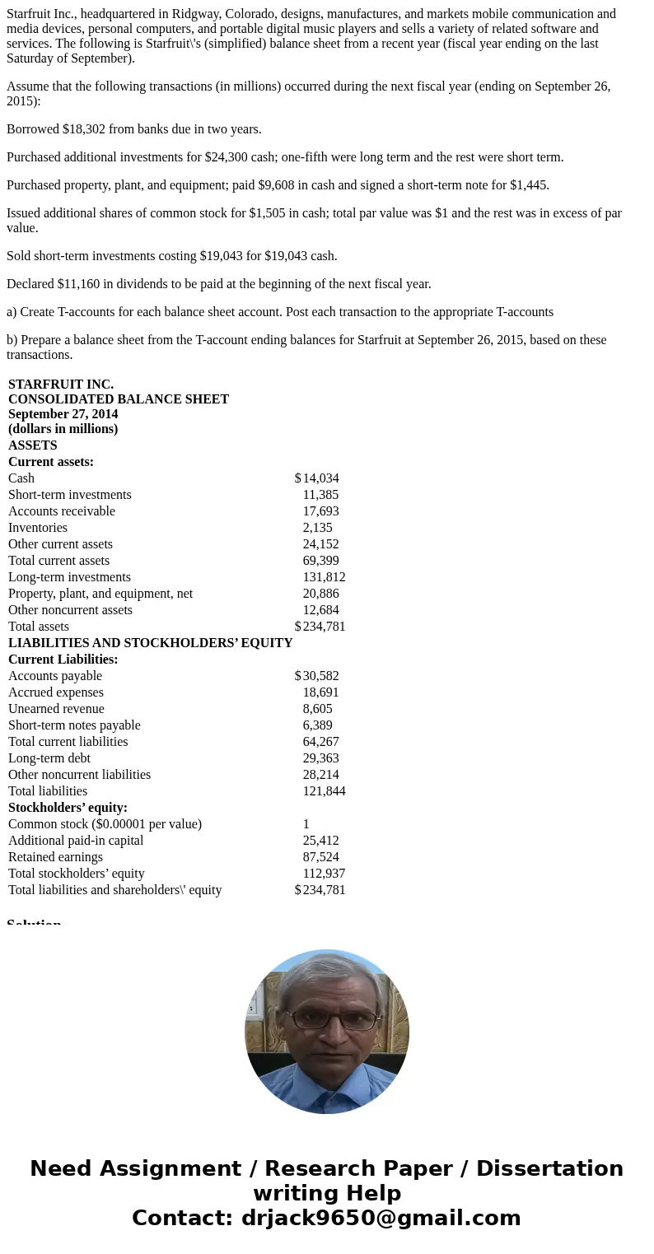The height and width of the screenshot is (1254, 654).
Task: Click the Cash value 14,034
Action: click(x=320, y=478)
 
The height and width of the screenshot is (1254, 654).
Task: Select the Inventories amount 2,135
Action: click(x=317, y=528)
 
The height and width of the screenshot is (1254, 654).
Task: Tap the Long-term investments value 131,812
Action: click(x=324, y=577)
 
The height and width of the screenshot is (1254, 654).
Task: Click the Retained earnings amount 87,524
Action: click(x=320, y=857)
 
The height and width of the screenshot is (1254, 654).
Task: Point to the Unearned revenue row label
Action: click(x=56, y=709)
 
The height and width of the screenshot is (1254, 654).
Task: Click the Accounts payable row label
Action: click(x=55, y=676)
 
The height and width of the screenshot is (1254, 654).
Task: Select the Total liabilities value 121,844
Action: click(x=324, y=791)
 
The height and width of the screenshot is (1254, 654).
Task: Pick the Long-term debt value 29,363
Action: click(x=320, y=758)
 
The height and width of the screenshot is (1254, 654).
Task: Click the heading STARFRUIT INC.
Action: click(x=61, y=385)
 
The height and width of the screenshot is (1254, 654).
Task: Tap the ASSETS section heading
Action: click(x=33, y=445)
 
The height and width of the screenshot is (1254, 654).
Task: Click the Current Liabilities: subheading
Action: click(x=63, y=660)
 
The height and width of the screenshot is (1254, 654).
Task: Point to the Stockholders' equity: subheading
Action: click(x=68, y=808)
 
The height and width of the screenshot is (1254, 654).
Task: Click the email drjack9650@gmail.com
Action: click(x=381, y=1218)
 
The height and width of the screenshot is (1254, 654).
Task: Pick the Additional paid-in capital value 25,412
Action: click(x=320, y=841)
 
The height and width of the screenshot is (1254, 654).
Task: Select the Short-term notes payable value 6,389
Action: click(x=317, y=725)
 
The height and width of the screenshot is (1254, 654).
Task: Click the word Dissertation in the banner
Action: click(x=549, y=1169)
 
